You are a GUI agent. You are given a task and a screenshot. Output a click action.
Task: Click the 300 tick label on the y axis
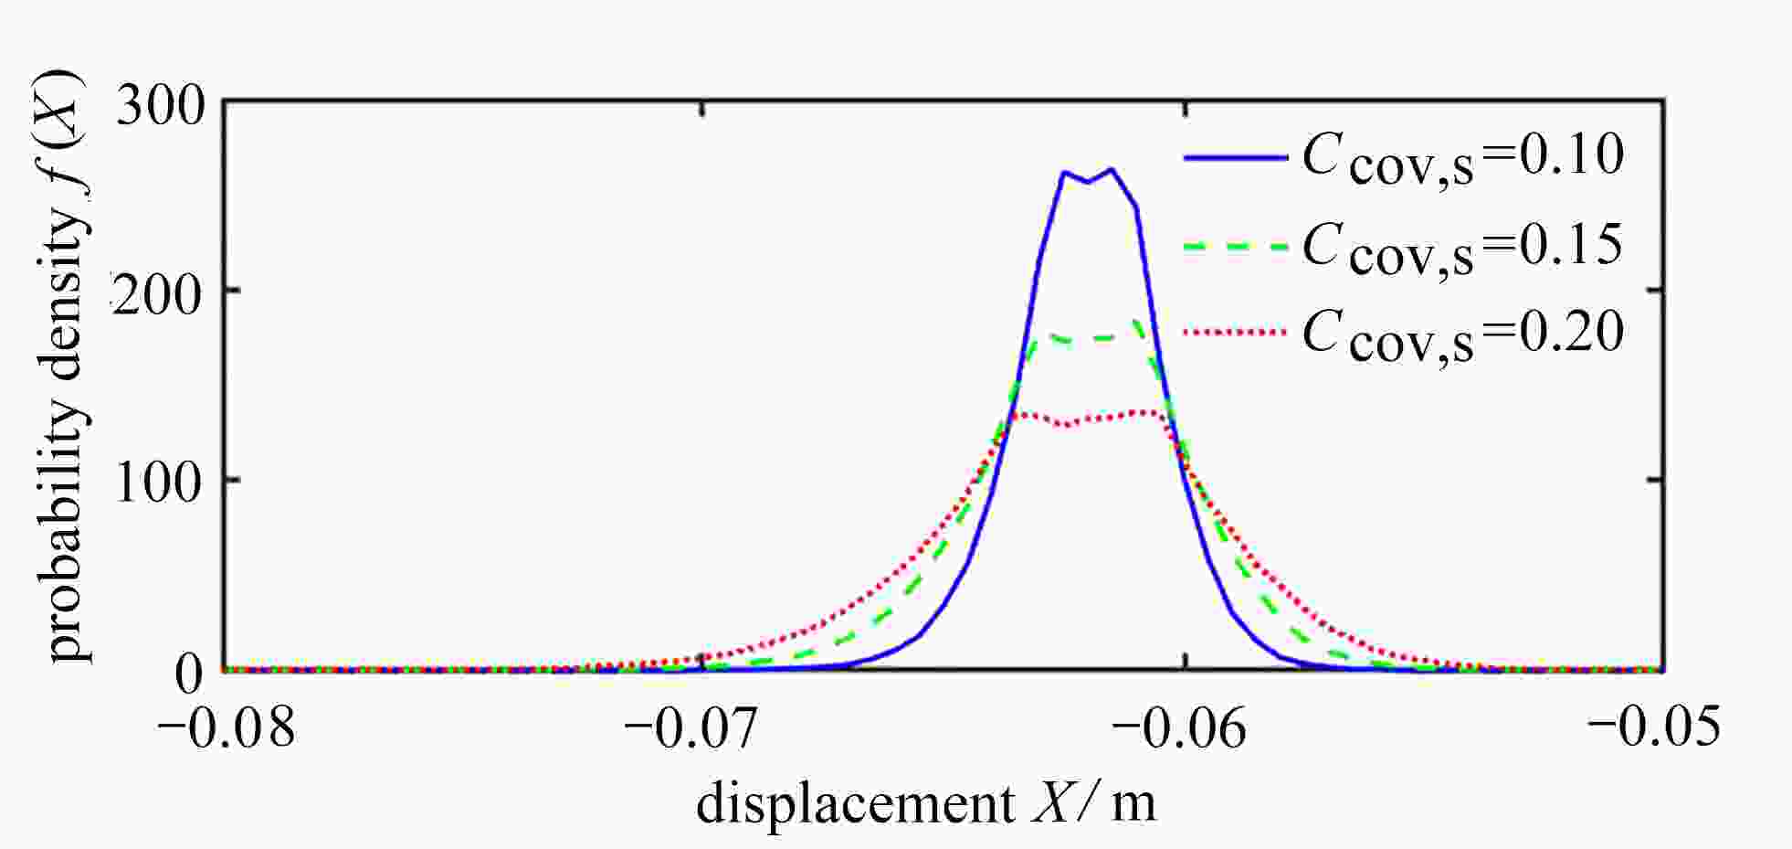[161, 107]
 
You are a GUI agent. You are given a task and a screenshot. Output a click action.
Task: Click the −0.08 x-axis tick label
[227, 728]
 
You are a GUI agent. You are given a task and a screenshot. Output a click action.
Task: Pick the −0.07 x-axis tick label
[692, 728]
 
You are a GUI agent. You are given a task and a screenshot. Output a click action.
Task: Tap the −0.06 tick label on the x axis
[1180, 728]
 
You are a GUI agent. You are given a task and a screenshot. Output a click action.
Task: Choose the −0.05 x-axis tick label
[1654, 728]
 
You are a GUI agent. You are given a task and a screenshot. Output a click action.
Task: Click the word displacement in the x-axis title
[855, 804]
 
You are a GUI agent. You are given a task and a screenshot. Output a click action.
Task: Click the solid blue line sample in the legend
[1235, 157]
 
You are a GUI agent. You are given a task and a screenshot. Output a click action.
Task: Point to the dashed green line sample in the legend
[1235, 246]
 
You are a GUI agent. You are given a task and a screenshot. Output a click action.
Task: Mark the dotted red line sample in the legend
[1235, 332]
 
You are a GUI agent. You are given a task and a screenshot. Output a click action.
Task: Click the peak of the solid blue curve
[1111, 170]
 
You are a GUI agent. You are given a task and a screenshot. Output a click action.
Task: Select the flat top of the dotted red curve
[1096, 418]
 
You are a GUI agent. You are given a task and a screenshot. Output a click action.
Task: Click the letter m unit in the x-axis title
[1133, 804]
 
